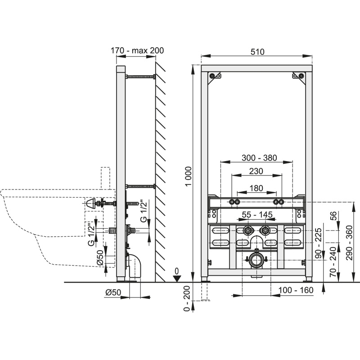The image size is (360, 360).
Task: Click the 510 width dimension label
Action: coord(257,52)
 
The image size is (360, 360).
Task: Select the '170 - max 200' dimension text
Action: coord(137,50)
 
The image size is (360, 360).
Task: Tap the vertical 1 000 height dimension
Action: coord(188,177)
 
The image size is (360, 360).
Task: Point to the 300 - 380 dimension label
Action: coord(259,158)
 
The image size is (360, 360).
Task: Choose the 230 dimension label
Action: coord(256,171)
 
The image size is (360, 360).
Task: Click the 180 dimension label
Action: coord(256,188)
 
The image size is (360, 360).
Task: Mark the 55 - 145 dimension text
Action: coord(257,215)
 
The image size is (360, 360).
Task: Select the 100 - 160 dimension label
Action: coord(296,290)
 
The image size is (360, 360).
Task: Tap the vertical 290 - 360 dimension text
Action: coord(349,243)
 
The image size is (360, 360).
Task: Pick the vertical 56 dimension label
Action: coord(333,216)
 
